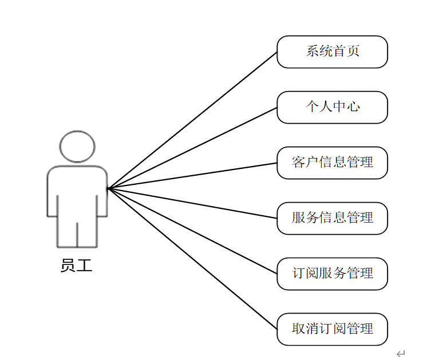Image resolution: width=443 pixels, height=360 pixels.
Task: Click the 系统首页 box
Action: (x=332, y=52)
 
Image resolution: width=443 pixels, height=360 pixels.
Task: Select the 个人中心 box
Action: (x=332, y=107)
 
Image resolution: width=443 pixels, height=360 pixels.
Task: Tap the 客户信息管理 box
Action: (x=332, y=163)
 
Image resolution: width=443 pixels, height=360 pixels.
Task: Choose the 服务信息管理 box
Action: (x=332, y=218)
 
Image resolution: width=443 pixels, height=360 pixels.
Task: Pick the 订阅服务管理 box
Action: (x=332, y=274)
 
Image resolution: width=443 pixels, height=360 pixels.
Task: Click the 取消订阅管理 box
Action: (x=332, y=329)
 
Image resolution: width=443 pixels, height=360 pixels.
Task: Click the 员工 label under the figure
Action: (x=76, y=266)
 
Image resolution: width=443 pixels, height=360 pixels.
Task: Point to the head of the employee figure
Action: (x=77, y=147)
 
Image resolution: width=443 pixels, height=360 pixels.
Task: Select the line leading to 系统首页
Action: (x=192, y=120)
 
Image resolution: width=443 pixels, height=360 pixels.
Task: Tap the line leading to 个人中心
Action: (x=192, y=148)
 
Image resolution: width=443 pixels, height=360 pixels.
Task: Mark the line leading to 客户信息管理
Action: (x=192, y=175)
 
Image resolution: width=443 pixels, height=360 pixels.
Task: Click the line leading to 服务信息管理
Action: (x=192, y=203)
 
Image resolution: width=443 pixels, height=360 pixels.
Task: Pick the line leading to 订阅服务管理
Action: (x=192, y=230)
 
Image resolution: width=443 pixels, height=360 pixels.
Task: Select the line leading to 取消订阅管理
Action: (x=192, y=258)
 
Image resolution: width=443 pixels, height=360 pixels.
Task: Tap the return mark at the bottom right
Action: (x=401, y=354)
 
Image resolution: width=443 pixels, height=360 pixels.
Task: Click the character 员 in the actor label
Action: (x=68, y=266)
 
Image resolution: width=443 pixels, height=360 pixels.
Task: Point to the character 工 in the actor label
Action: (x=84, y=266)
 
